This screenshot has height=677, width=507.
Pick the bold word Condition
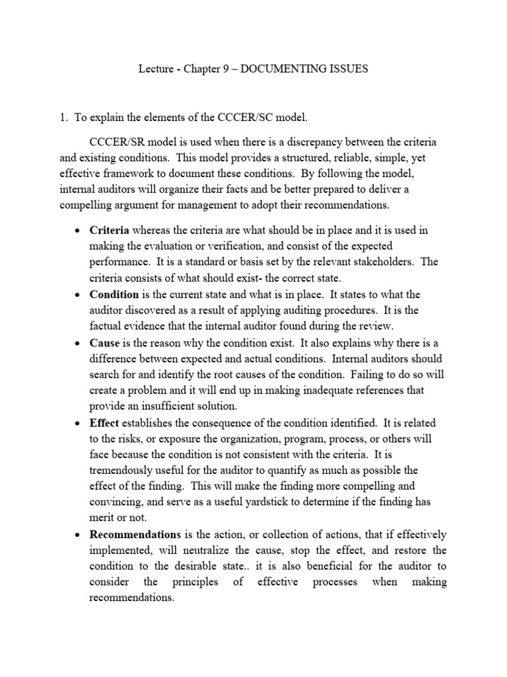tap(114, 294)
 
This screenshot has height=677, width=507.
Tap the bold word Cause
tap(104, 342)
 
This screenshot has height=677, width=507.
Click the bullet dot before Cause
tap(78, 343)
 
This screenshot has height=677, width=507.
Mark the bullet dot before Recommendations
tap(78, 535)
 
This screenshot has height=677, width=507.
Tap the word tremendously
tap(122, 470)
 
